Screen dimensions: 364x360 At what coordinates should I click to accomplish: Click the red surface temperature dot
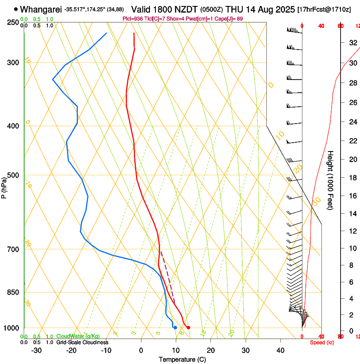coord(188,327)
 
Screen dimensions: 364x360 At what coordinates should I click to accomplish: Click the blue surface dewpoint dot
coord(175,328)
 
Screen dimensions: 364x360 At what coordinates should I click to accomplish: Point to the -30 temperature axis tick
coord(36,350)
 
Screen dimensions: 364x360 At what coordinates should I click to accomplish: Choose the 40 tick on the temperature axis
coord(280,350)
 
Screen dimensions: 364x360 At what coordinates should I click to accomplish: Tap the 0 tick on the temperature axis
coord(141,350)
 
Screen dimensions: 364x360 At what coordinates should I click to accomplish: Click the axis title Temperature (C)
coord(182,359)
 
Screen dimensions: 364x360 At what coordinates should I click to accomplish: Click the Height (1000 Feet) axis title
coord(330,180)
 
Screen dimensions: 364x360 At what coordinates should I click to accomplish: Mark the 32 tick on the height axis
coord(352,43)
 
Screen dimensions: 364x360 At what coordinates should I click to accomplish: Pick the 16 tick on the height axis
coord(352,196)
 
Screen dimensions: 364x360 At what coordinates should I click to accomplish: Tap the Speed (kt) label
coord(322,342)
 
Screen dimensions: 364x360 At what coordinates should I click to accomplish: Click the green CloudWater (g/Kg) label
coord(72,336)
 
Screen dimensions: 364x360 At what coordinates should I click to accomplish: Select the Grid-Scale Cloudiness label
coord(82,342)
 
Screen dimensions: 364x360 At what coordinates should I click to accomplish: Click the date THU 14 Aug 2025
coord(260,9)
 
